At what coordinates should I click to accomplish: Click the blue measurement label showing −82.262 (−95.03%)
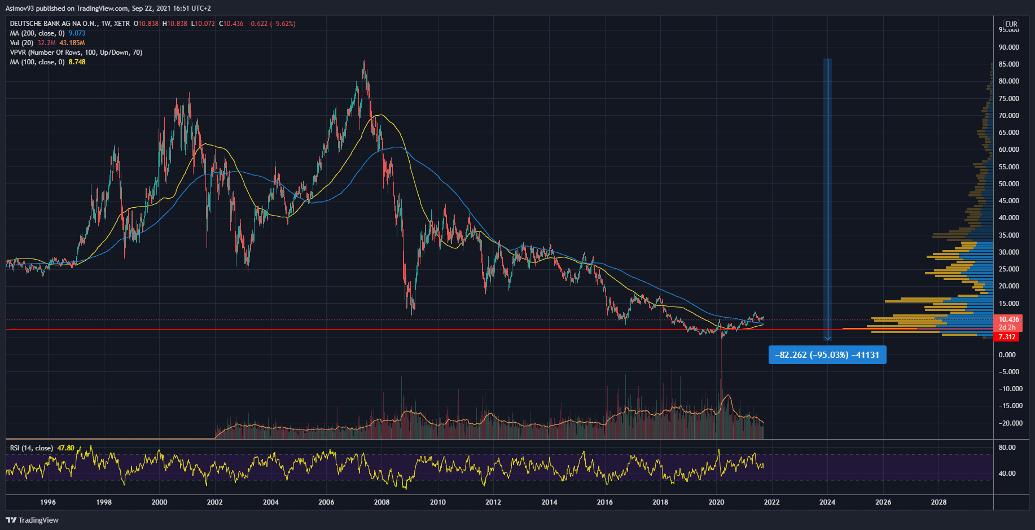pyautogui.click(x=827, y=355)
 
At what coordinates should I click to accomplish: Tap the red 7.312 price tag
pyautogui.click(x=1007, y=337)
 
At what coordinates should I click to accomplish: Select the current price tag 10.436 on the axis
pyautogui.click(x=1008, y=319)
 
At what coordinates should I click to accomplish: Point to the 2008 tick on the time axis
pyautogui.click(x=382, y=502)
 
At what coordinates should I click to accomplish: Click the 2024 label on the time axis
pyautogui.click(x=827, y=502)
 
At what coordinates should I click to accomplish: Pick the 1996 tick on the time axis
pyautogui.click(x=48, y=502)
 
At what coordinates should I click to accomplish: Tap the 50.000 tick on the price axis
pyautogui.click(x=1008, y=184)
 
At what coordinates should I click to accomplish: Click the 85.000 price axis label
pyautogui.click(x=1008, y=64)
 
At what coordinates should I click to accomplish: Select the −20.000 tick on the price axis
pyautogui.click(x=1010, y=423)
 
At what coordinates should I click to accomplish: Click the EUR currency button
pyautogui.click(x=1011, y=24)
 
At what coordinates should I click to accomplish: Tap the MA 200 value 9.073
pyautogui.click(x=77, y=33)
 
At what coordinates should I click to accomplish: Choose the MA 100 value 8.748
pyautogui.click(x=77, y=62)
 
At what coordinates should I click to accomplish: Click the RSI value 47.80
pyautogui.click(x=65, y=448)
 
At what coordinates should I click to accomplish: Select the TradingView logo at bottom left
pyautogui.click(x=32, y=520)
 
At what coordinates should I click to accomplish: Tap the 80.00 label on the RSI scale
pyautogui.click(x=1007, y=448)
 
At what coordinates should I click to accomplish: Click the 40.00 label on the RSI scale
pyautogui.click(x=1007, y=474)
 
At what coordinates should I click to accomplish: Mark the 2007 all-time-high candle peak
pyautogui.click(x=364, y=61)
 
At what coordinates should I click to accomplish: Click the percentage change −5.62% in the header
pyautogui.click(x=282, y=24)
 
